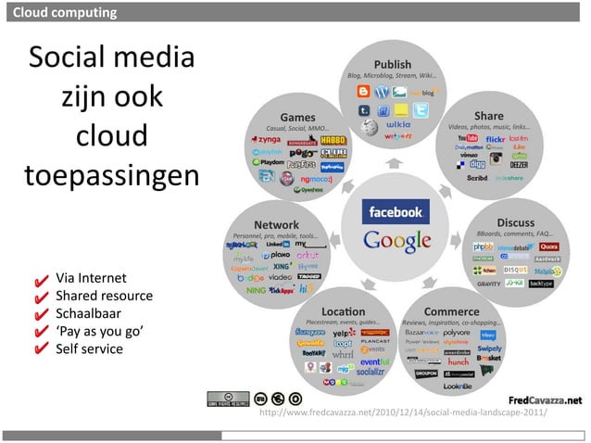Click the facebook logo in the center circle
396,212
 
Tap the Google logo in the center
396,240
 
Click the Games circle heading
298,118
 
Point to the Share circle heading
488,116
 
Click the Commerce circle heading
451,310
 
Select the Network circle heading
276,225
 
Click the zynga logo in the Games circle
276,140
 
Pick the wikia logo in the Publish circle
398,122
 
